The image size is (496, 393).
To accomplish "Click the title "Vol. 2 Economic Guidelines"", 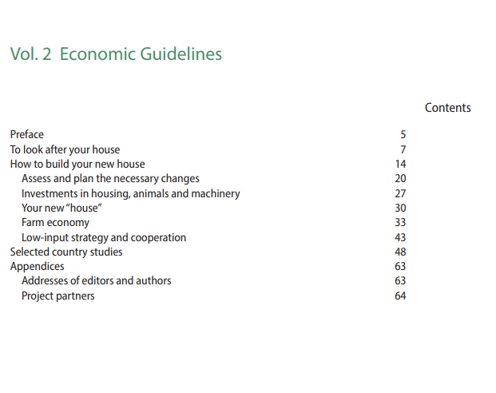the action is (116, 54).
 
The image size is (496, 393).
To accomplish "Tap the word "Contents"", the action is (447, 108).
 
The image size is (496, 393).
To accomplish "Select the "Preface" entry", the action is (27, 134).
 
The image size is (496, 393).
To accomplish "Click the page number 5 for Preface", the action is (403, 134).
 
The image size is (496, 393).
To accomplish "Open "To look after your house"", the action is (65, 149).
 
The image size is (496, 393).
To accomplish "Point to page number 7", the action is (403, 149).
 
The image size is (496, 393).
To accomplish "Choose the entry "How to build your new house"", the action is (77, 164).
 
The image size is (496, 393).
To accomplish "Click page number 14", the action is (400, 164).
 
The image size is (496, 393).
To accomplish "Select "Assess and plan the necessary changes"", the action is (110, 178).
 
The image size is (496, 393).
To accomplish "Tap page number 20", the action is (400, 178).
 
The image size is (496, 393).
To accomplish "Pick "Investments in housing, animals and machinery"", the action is (130, 193).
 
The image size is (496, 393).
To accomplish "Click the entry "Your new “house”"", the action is (62, 208).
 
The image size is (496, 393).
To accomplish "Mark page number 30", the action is (400, 208).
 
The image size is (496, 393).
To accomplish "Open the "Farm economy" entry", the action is (55, 222).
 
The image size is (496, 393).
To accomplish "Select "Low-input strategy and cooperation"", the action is (104, 237).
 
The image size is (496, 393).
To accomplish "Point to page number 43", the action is (400, 237).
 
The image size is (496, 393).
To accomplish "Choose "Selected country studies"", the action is (66, 252).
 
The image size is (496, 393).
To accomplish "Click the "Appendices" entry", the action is (37, 266).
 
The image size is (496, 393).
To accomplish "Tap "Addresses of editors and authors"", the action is (96, 280).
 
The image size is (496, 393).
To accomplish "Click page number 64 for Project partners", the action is (400, 296).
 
